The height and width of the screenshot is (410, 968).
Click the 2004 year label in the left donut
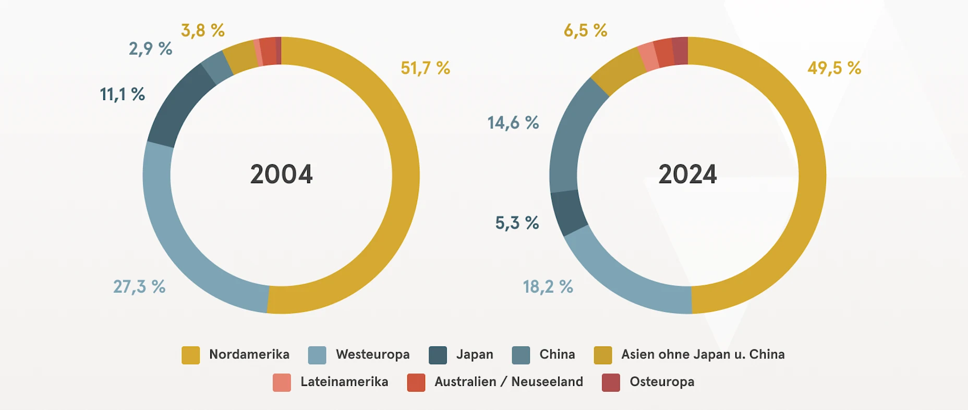[x=281, y=174]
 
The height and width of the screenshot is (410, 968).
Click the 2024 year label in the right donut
[x=687, y=174]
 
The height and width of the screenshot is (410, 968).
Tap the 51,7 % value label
[x=425, y=68]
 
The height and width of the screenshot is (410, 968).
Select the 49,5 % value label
[x=834, y=68]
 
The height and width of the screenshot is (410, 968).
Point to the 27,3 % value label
[x=139, y=286]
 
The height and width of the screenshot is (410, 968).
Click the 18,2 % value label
[x=548, y=286]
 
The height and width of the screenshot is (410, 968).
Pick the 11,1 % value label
[x=122, y=94]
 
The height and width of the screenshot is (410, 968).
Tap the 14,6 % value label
[x=513, y=123]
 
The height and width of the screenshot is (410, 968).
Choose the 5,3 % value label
[x=517, y=223]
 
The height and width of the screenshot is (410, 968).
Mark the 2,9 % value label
[x=150, y=49]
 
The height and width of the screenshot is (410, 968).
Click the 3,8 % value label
[x=202, y=30]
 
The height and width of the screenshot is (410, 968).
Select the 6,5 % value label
[x=585, y=30]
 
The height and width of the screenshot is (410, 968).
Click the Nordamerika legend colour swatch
[x=190, y=355]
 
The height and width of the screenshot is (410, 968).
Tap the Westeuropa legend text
[x=372, y=355]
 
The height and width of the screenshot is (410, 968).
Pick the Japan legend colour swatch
[x=438, y=355]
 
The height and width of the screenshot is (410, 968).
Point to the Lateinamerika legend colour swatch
[x=282, y=382]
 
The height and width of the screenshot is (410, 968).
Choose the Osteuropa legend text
[x=662, y=382]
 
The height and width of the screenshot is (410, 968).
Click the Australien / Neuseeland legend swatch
[x=416, y=382]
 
